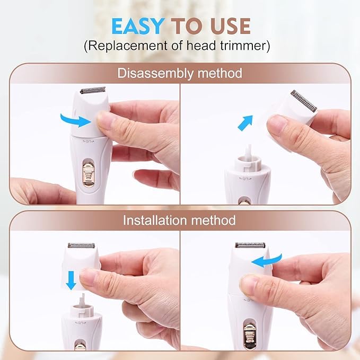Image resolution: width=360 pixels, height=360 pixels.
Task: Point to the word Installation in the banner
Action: click(x=155, y=220)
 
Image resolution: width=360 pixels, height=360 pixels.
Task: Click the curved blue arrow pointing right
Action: click(x=75, y=120)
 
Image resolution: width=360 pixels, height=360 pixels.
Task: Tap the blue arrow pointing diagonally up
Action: click(x=245, y=123)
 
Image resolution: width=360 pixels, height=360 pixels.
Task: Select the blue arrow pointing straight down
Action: click(x=71, y=280)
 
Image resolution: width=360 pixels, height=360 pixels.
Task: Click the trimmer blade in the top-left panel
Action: click(x=93, y=90)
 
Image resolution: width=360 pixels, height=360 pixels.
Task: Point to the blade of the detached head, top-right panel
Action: click(x=304, y=101)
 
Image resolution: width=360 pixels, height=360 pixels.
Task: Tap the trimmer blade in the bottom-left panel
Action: click(x=81, y=245)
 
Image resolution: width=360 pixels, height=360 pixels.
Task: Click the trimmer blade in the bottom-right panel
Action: click(x=250, y=245)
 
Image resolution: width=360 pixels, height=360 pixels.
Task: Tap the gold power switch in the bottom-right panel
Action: click(x=250, y=336)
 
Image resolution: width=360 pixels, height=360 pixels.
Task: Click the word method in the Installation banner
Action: click(x=213, y=220)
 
